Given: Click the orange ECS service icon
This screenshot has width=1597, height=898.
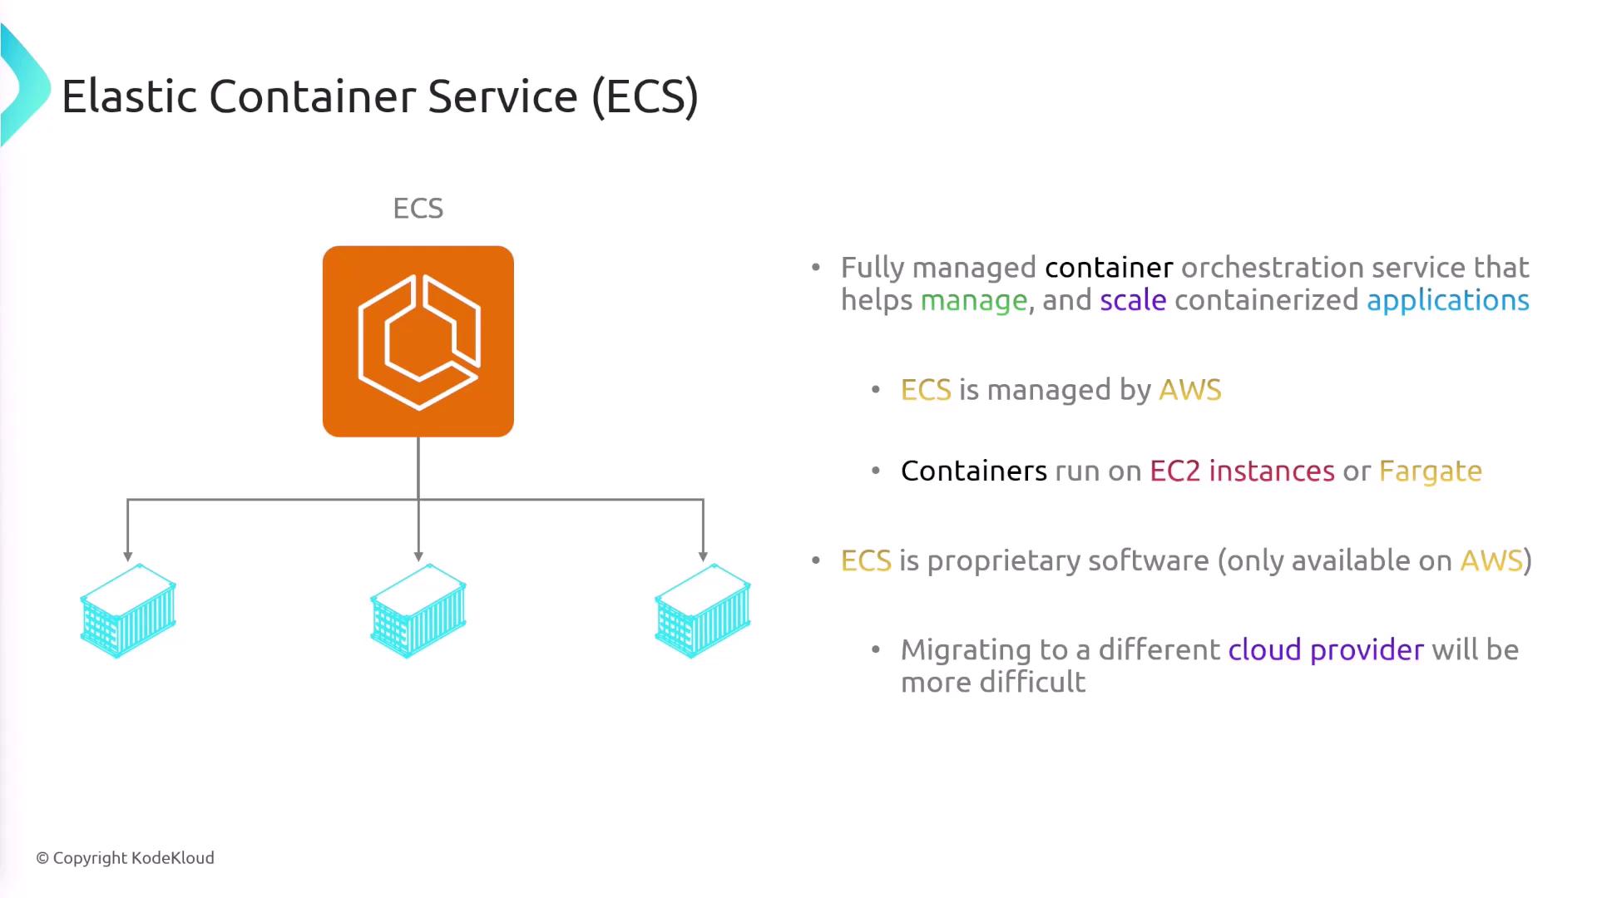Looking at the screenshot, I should point(418,341).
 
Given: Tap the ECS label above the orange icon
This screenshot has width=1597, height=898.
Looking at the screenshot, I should point(418,208).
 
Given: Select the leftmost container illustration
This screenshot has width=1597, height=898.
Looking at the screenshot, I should point(128,611).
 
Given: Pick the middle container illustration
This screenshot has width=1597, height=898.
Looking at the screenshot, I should point(418,611).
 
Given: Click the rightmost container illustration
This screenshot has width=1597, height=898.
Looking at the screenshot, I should point(703,611).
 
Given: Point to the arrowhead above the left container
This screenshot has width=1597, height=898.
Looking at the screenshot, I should point(128,555).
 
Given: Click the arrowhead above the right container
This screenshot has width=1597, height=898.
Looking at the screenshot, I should point(703,555).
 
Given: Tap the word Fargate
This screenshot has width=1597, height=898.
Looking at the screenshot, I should point(1430,471).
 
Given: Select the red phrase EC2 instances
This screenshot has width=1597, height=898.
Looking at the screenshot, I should point(1242,471).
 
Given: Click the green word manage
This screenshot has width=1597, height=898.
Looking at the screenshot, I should point(973,300).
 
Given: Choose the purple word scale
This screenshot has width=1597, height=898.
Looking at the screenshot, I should point(1133,300).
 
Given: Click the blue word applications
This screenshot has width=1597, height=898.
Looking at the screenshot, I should point(1447,300).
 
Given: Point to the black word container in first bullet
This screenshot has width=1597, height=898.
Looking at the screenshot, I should point(1109,268).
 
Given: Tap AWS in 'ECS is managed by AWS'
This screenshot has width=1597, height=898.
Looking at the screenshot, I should point(1189,390).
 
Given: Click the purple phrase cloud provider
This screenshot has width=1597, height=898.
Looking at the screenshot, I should point(1326,649).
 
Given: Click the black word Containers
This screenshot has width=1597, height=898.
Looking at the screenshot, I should point(973,471).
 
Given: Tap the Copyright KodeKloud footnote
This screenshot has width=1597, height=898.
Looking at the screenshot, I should point(125,858).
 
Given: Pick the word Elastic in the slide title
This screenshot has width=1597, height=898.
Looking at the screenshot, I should point(129,96).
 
